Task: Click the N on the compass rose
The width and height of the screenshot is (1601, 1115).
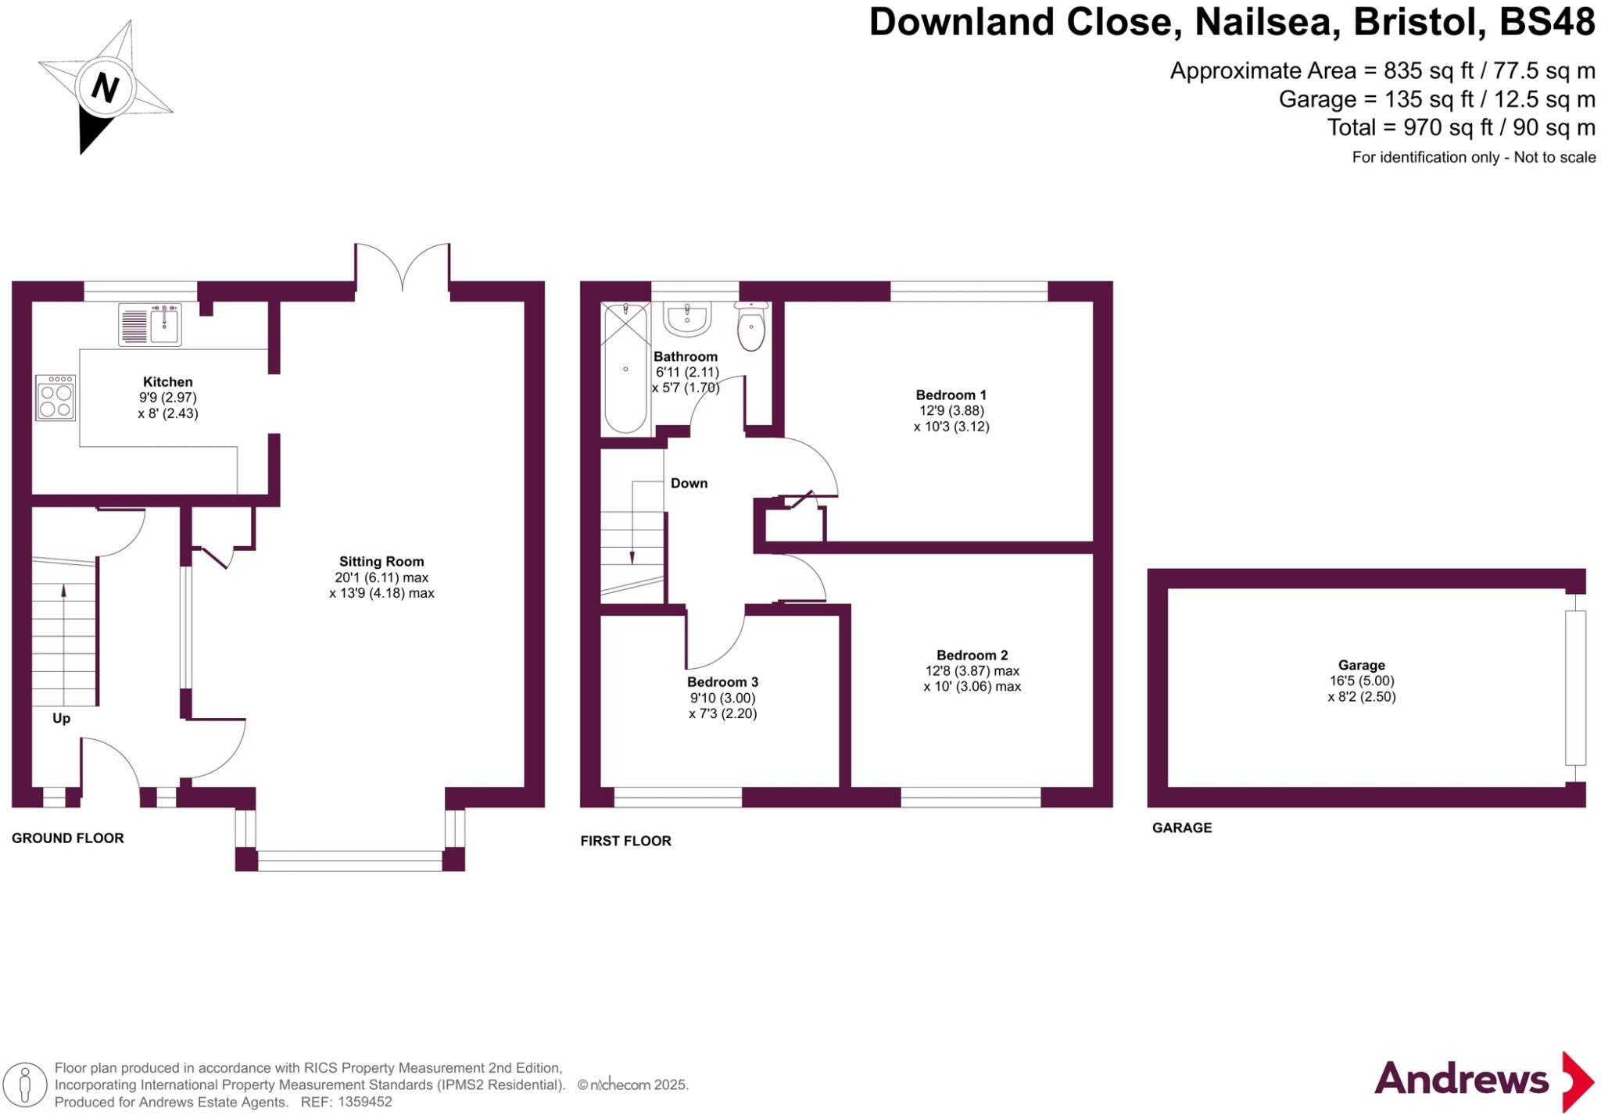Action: tap(106, 87)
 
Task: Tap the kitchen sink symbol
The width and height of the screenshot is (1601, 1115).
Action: tap(150, 324)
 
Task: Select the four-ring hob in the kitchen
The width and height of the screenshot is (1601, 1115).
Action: tap(56, 398)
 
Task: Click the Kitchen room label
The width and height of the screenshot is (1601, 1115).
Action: tap(167, 382)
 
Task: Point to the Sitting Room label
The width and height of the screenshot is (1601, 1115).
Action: tap(381, 561)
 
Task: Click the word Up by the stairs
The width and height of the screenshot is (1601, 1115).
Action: tap(62, 718)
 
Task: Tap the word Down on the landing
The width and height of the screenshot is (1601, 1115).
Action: tap(689, 483)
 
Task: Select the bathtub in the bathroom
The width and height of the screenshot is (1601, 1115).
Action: tap(625, 369)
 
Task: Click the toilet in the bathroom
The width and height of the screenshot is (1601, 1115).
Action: tap(751, 328)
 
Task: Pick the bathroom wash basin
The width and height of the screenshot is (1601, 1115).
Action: tap(687, 319)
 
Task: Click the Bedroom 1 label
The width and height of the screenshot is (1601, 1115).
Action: tap(951, 395)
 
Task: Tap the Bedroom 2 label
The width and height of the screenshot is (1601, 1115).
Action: tap(972, 655)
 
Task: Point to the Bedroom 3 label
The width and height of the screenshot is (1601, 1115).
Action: tap(722, 682)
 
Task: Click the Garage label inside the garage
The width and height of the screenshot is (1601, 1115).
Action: tap(1361, 665)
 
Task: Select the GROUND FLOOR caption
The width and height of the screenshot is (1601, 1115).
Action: tap(68, 838)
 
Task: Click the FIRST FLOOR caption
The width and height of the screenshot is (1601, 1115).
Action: tap(625, 841)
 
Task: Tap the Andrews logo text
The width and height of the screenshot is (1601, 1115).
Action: tap(1461, 1080)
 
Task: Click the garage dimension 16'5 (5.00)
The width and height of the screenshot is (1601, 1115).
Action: tap(1361, 681)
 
